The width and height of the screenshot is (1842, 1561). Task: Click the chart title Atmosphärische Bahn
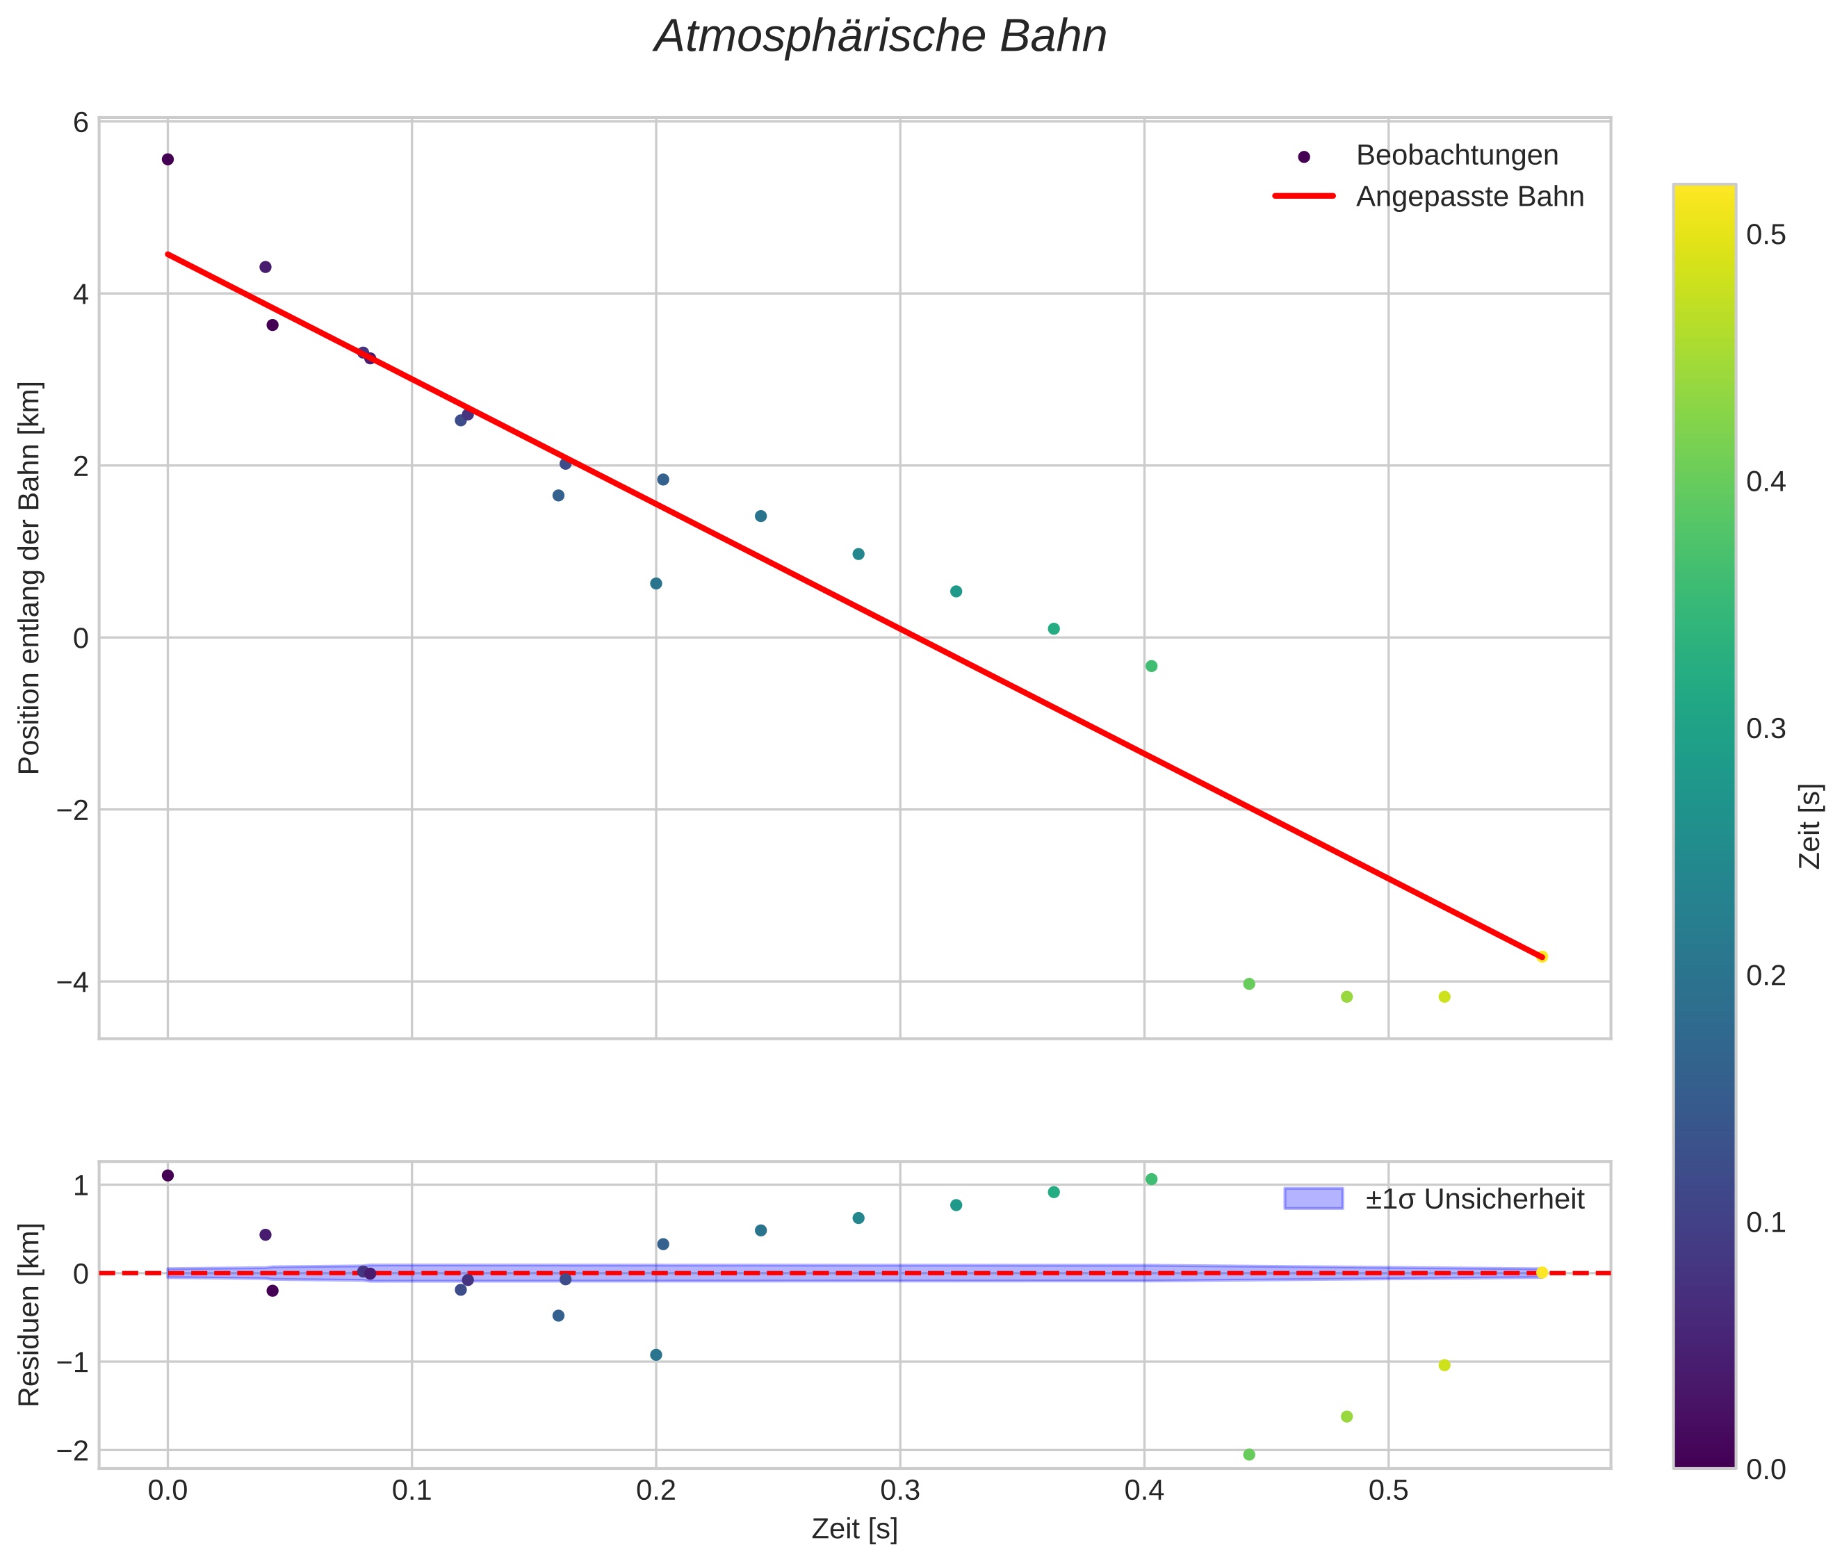tap(880, 37)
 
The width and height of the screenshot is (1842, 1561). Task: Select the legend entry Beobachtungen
tap(1456, 156)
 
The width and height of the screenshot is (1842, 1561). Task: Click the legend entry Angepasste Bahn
tap(1469, 197)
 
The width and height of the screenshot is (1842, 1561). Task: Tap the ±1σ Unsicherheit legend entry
tap(1474, 1199)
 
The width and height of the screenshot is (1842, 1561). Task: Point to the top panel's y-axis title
tap(29, 577)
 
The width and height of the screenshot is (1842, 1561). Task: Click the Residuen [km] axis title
tap(29, 1314)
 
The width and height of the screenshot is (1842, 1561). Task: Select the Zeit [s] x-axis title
tap(854, 1528)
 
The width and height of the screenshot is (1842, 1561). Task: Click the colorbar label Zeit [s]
tap(1810, 826)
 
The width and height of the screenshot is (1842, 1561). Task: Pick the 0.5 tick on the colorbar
tap(1765, 236)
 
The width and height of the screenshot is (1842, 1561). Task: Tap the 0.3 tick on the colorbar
tap(1765, 729)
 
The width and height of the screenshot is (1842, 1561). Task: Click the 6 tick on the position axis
tap(81, 122)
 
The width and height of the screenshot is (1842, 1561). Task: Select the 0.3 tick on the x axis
tap(899, 1490)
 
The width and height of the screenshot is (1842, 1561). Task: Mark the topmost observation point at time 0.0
tap(168, 159)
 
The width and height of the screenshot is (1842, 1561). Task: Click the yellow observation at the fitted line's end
tap(1541, 956)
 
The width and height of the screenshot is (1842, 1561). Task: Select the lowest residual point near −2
tap(1248, 1455)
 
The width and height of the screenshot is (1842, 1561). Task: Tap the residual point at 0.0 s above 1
tap(168, 1175)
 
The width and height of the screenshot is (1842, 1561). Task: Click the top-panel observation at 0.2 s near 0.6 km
tap(656, 583)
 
